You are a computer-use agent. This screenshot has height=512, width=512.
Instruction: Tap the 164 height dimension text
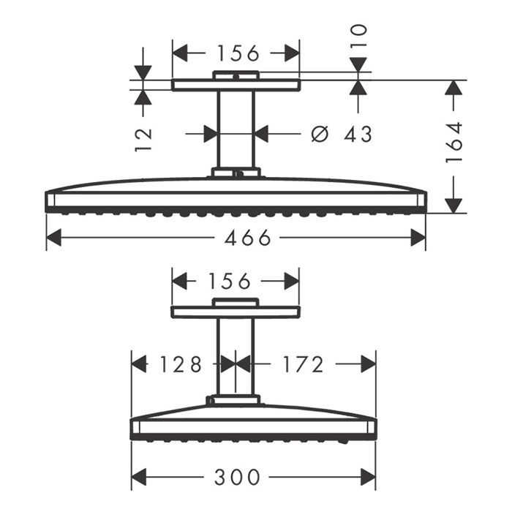tap(454, 141)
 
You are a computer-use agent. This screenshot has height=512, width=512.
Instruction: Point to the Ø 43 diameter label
tap(342, 134)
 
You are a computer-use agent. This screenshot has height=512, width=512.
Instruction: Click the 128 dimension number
tap(181, 364)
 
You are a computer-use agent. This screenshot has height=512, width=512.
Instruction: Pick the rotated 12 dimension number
tap(143, 137)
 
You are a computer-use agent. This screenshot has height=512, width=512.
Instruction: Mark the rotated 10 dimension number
tap(358, 35)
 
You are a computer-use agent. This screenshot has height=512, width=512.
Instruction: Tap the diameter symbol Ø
tap(318, 134)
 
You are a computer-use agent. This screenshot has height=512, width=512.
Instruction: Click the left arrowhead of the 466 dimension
tap(53, 238)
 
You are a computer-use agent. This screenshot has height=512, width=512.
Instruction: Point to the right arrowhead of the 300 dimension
tap(368, 478)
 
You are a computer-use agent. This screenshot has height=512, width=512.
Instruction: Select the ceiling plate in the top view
tap(236, 86)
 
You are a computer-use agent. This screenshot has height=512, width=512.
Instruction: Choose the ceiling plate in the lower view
tap(236, 312)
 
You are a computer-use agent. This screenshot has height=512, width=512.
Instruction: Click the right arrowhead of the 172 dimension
tap(368, 364)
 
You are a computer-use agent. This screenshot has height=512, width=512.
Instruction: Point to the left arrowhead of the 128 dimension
tap(139, 364)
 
